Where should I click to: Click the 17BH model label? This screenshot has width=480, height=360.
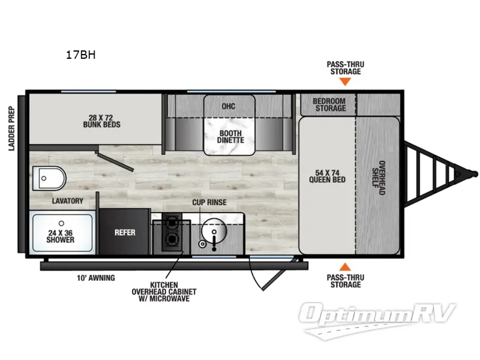point(80,55)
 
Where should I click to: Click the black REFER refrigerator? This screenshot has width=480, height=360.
point(125,232)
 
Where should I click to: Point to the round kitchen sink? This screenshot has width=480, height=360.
point(212,232)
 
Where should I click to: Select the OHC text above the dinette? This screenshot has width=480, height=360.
point(228,106)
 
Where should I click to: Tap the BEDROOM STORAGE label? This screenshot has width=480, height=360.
point(329,104)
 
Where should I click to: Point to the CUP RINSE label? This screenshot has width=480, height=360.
point(209,202)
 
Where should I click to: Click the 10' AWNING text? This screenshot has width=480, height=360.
point(96,278)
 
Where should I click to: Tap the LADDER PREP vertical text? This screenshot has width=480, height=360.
point(11,128)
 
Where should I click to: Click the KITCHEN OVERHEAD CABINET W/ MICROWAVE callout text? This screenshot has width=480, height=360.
point(173,292)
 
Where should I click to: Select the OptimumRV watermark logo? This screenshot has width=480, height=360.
point(379,314)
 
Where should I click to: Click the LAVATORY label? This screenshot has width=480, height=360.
point(67,201)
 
